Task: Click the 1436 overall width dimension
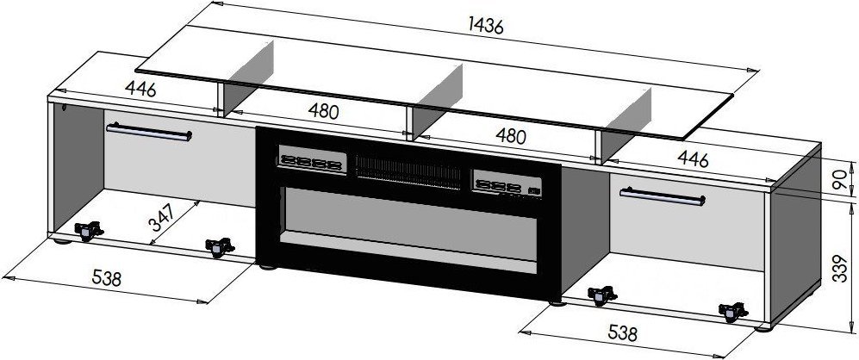(x=485, y=25)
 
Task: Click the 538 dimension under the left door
(x=106, y=278)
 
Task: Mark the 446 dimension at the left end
(x=140, y=88)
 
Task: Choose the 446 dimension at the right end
(x=693, y=158)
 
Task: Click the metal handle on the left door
(x=149, y=132)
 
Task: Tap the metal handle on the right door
(x=663, y=196)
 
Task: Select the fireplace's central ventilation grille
(x=408, y=171)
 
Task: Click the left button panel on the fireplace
(x=312, y=160)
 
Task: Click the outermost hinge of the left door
(x=88, y=231)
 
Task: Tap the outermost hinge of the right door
(x=732, y=312)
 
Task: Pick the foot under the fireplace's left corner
(x=267, y=267)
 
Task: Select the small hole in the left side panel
(x=65, y=107)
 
